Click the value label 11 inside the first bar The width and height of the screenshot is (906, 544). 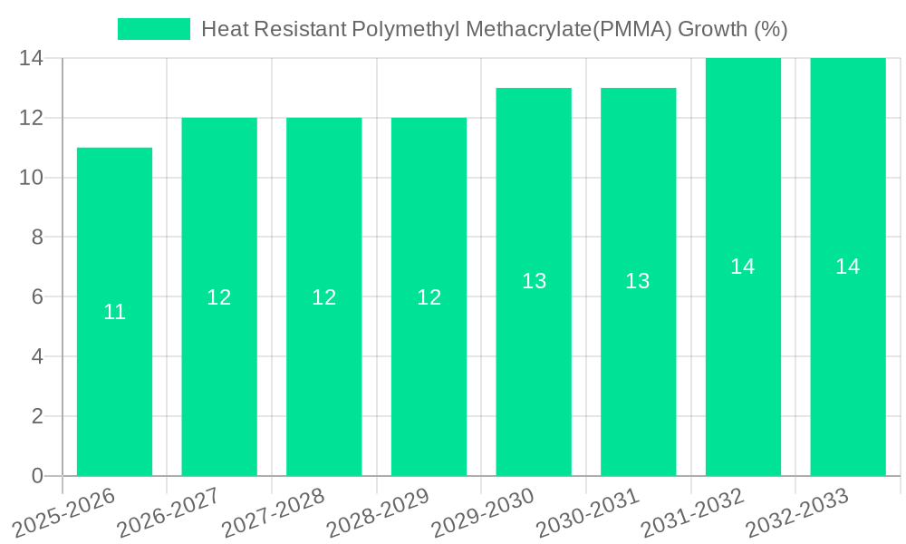(114, 312)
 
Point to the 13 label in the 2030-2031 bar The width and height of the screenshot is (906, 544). (638, 281)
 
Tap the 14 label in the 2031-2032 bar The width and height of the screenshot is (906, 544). (743, 267)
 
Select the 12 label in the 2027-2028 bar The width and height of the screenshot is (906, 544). (324, 296)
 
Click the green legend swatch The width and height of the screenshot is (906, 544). (154, 29)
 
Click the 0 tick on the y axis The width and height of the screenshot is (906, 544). (37, 476)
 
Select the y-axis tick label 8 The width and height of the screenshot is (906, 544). (37, 237)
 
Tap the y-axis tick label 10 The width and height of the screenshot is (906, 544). (31, 178)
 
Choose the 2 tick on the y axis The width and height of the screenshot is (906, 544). (37, 416)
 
